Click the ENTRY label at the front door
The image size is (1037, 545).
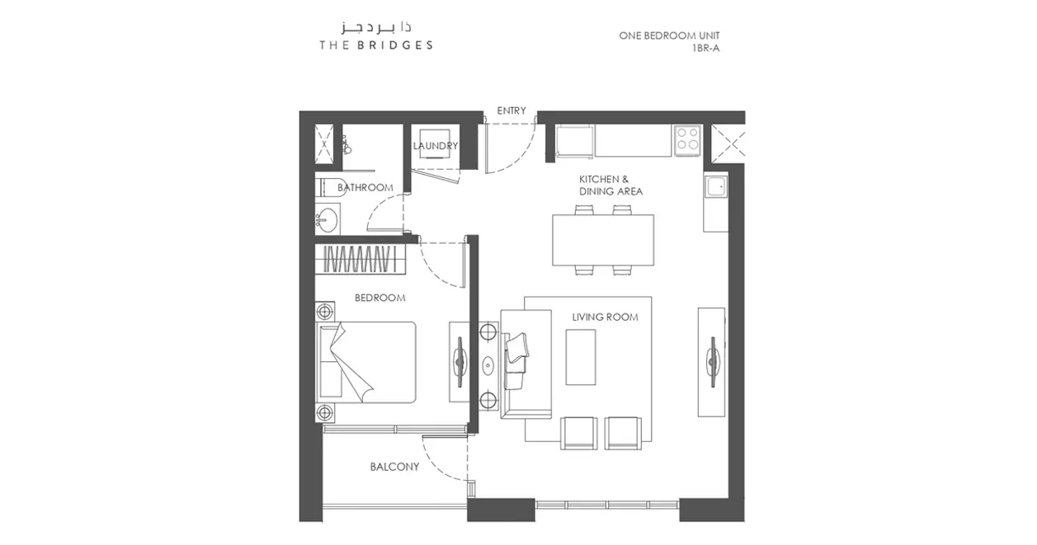pos(511,110)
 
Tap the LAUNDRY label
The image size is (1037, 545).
pos(435,146)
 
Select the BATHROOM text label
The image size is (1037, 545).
pos(365,187)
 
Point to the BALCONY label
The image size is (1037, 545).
pos(394,467)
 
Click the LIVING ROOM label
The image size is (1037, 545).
pos(605,317)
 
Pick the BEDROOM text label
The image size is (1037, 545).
pos(380,298)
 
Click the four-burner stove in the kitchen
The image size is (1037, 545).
pos(687,141)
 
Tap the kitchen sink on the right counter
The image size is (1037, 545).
pos(716,186)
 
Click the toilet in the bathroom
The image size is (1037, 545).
pos(331,188)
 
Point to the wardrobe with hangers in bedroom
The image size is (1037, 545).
pos(361,259)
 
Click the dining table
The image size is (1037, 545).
pos(603,240)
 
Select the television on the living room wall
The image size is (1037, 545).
pos(713,362)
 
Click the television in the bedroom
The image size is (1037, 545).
pos(460,362)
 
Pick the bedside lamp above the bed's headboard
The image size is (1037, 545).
pos(325,312)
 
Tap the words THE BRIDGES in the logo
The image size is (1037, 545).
pos(376,45)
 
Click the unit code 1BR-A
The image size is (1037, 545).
pos(705,48)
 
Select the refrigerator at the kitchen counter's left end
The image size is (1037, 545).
pos(574,141)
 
